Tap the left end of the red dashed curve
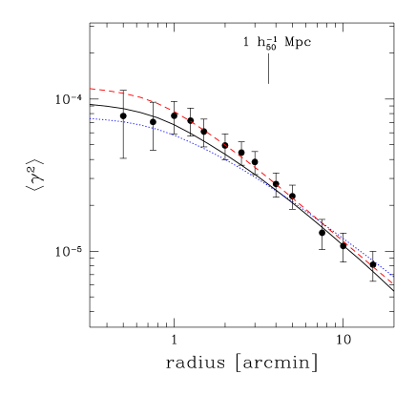[x=90, y=89]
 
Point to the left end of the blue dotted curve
[x=90, y=119]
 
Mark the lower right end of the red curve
[x=392, y=283]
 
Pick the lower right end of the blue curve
[x=389, y=276]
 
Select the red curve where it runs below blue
[x=367, y=261]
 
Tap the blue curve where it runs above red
[x=367, y=258]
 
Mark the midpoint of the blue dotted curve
[x=240, y=166]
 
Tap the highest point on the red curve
[x=90, y=89]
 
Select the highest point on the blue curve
[x=90, y=119]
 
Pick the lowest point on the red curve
[x=392, y=283]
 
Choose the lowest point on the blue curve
[x=389, y=276]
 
